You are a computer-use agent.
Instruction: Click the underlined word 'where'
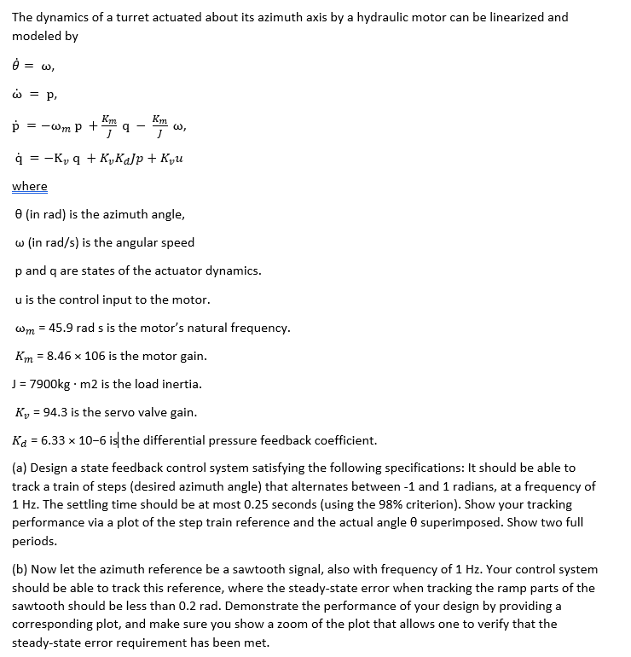(30, 186)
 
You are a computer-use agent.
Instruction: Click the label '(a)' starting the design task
(20, 468)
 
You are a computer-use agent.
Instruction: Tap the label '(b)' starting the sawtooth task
(20, 569)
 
